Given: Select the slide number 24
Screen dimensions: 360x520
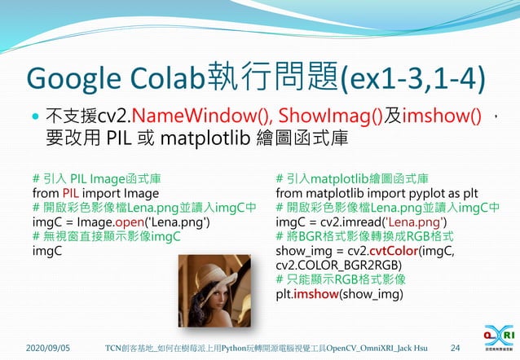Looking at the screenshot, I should [455, 349].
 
